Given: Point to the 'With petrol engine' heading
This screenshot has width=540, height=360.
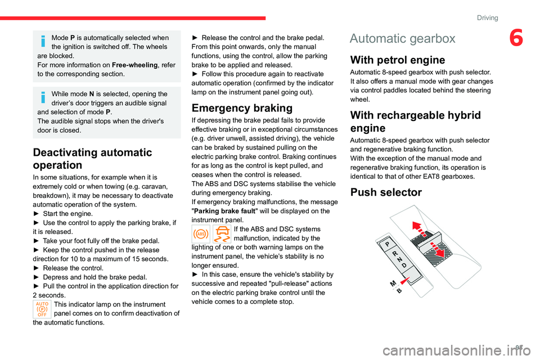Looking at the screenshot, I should (x=398, y=60).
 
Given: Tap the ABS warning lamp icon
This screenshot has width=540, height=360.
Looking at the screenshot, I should (x=201, y=233).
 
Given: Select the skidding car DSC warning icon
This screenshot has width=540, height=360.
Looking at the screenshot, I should (x=222, y=233).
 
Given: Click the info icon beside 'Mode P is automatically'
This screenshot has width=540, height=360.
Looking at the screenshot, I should (x=42, y=41).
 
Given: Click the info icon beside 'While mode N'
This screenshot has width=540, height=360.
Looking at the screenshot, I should (x=42, y=98).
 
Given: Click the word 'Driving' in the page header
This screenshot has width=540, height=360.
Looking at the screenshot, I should (x=487, y=17).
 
